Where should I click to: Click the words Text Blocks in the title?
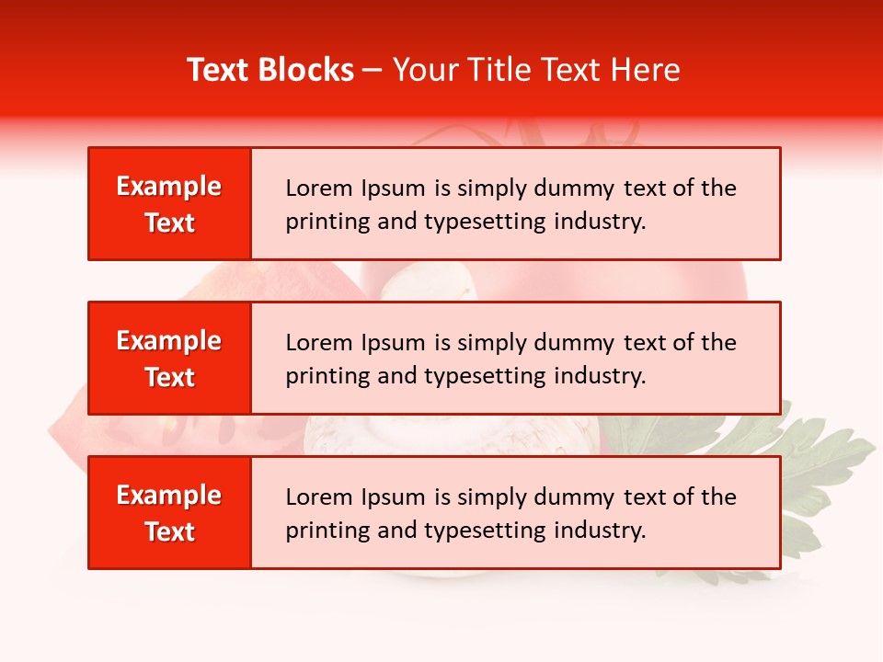(270, 70)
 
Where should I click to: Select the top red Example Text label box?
(169, 204)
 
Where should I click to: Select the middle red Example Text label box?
(169, 359)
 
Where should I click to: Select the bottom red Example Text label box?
(169, 513)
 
